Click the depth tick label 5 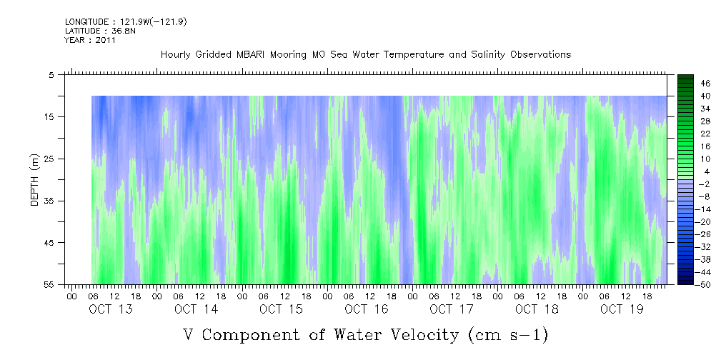click(51, 75)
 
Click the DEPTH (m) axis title click(34, 180)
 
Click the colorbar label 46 click(686, 83)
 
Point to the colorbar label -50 click(685, 285)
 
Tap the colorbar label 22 click(686, 133)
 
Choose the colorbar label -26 click(685, 234)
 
